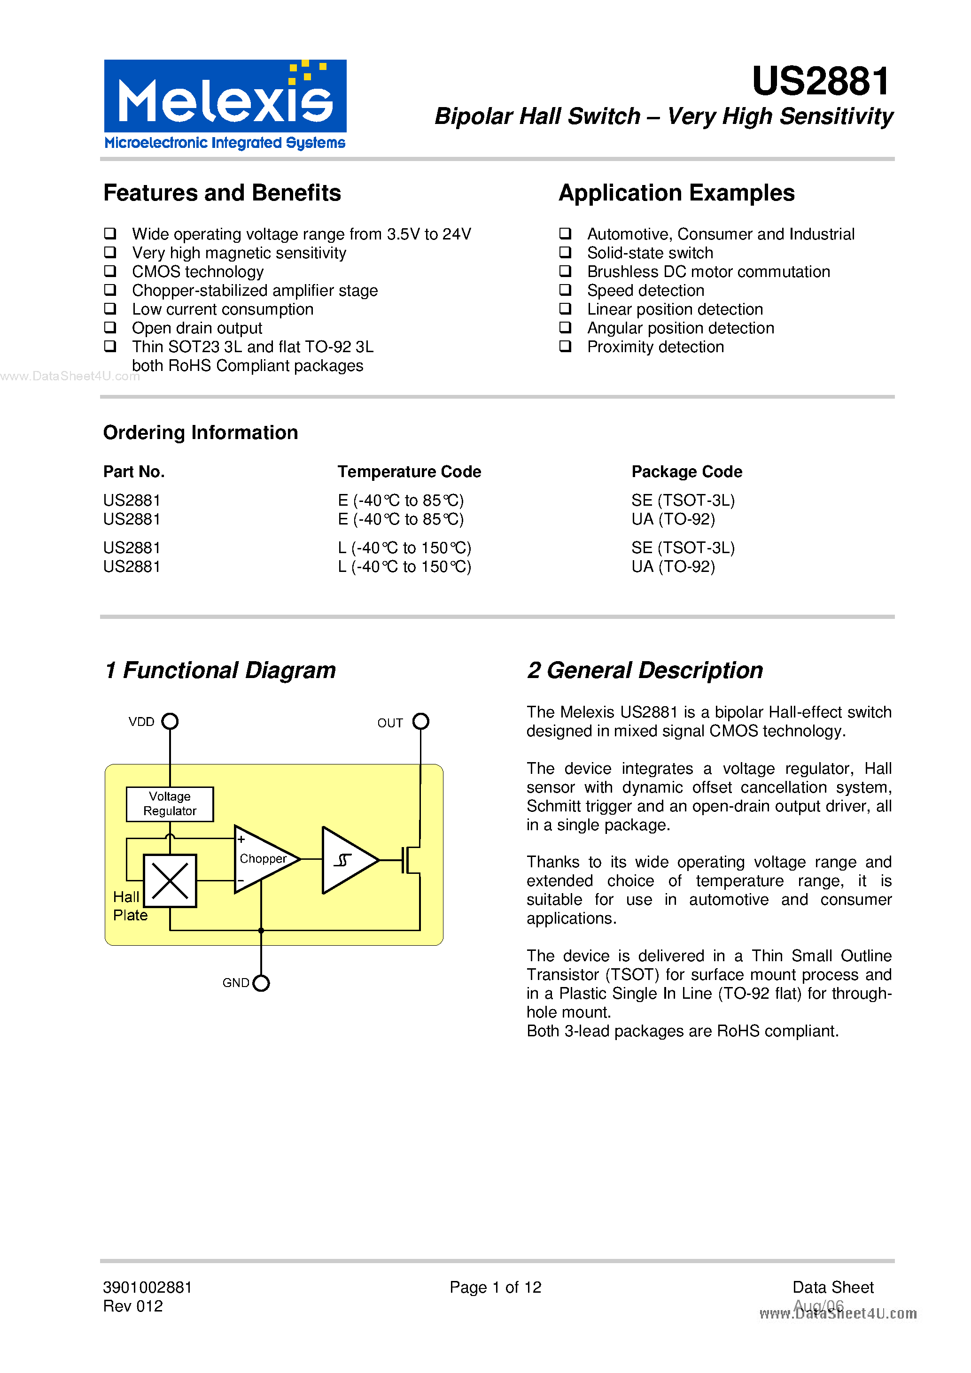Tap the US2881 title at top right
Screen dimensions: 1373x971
[x=821, y=81]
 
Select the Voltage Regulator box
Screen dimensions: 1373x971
[x=170, y=804]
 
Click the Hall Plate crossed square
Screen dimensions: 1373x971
[x=170, y=881]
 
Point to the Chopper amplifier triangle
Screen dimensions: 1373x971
[x=263, y=859]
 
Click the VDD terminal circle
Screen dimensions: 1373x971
[x=171, y=721]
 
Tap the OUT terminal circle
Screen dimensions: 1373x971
[x=421, y=721]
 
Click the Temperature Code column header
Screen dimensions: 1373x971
[x=409, y=472]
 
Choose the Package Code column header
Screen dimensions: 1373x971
[x=687, y=472]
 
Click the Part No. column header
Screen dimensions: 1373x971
[x=134, y=472]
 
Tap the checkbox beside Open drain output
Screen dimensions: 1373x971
[x=110, y=327]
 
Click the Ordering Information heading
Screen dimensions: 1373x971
[x=201, y=432]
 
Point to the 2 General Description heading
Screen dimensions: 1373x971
[x=645, y=671]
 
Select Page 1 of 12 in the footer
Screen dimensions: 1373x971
[x=496, y=1287]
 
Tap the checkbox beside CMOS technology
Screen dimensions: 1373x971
[x=110, y=271]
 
